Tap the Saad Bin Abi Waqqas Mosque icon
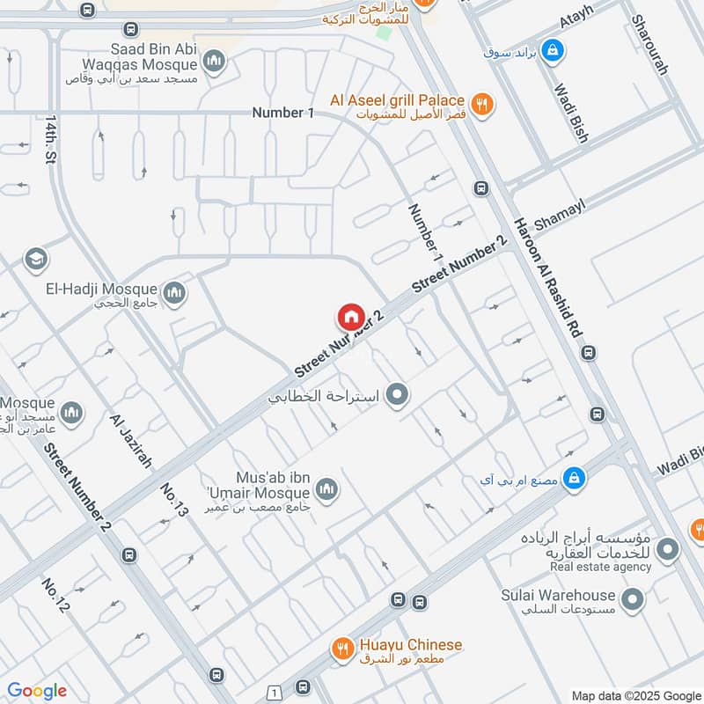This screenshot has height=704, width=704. [x=213, y=61]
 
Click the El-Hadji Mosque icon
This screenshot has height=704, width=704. [x=175, y=291]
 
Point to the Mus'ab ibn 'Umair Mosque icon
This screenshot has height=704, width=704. [x=326, y=488]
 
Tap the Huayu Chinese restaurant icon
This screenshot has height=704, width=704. [x=342, y=650]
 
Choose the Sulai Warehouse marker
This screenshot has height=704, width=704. [x=631, y=601]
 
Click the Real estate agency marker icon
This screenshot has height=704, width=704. [x=668, y=552]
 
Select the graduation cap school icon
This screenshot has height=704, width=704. [x=36, y=259]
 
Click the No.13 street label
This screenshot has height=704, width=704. [x=174, y=499]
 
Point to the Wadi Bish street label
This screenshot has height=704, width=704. [x=570, y=113]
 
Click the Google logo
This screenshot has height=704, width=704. [x=37, y=691]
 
